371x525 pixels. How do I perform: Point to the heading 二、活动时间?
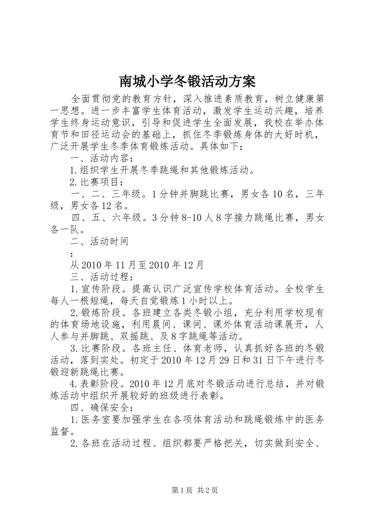[100, 241]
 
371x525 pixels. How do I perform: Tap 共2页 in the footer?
[208, 490]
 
